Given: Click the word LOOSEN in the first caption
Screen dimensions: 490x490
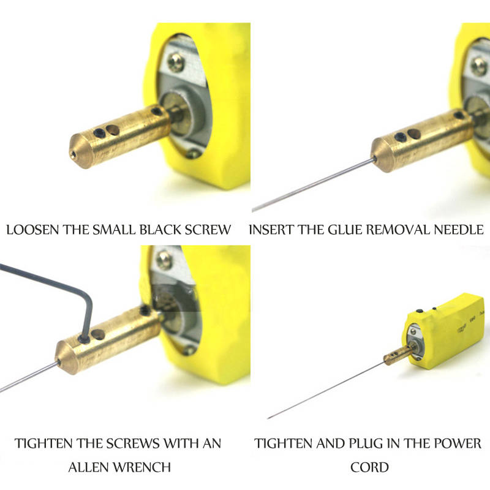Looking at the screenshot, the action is coord(33,230).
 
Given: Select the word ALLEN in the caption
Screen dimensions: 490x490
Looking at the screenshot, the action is coord(88,467).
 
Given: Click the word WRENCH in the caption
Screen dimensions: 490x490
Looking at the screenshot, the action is coord(142,467).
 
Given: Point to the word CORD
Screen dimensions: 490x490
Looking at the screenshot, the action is coord(369,467).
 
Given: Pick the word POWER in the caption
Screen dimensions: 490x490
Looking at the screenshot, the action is coord(458,443).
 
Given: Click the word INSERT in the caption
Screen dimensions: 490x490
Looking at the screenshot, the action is coord(271,230).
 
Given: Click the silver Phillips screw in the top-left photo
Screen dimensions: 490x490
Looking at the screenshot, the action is coord(176,62).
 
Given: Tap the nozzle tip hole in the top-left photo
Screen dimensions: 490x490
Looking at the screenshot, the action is coord(73,154).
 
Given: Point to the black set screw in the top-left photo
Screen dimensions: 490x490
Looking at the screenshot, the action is coord(100,132).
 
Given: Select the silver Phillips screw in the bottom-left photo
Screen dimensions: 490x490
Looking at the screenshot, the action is coord(164,260).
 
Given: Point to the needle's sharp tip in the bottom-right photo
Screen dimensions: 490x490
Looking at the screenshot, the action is coord(268,418).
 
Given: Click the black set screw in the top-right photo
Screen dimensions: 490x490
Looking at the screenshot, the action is coord(401,137).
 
